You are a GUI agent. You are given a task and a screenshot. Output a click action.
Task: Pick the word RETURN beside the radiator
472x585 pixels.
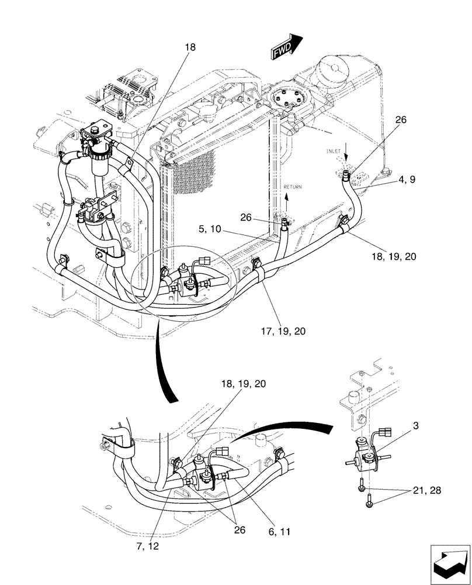pyautogui.click(x=293, y=187)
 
